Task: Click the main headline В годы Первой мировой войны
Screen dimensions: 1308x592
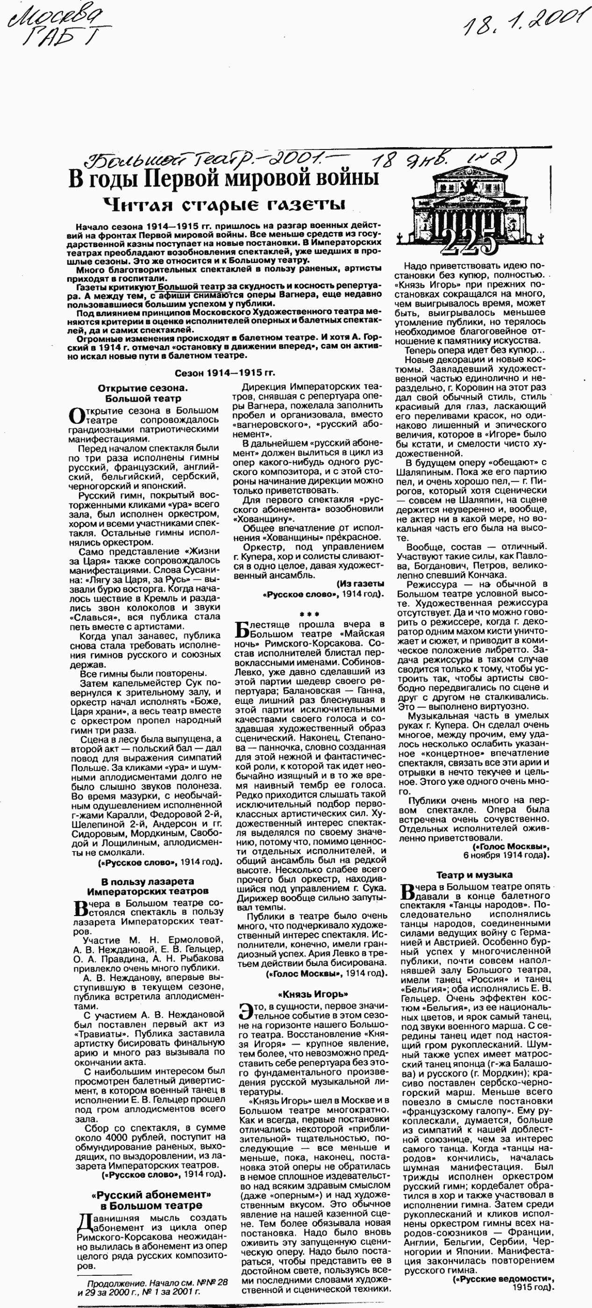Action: (223, 179)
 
